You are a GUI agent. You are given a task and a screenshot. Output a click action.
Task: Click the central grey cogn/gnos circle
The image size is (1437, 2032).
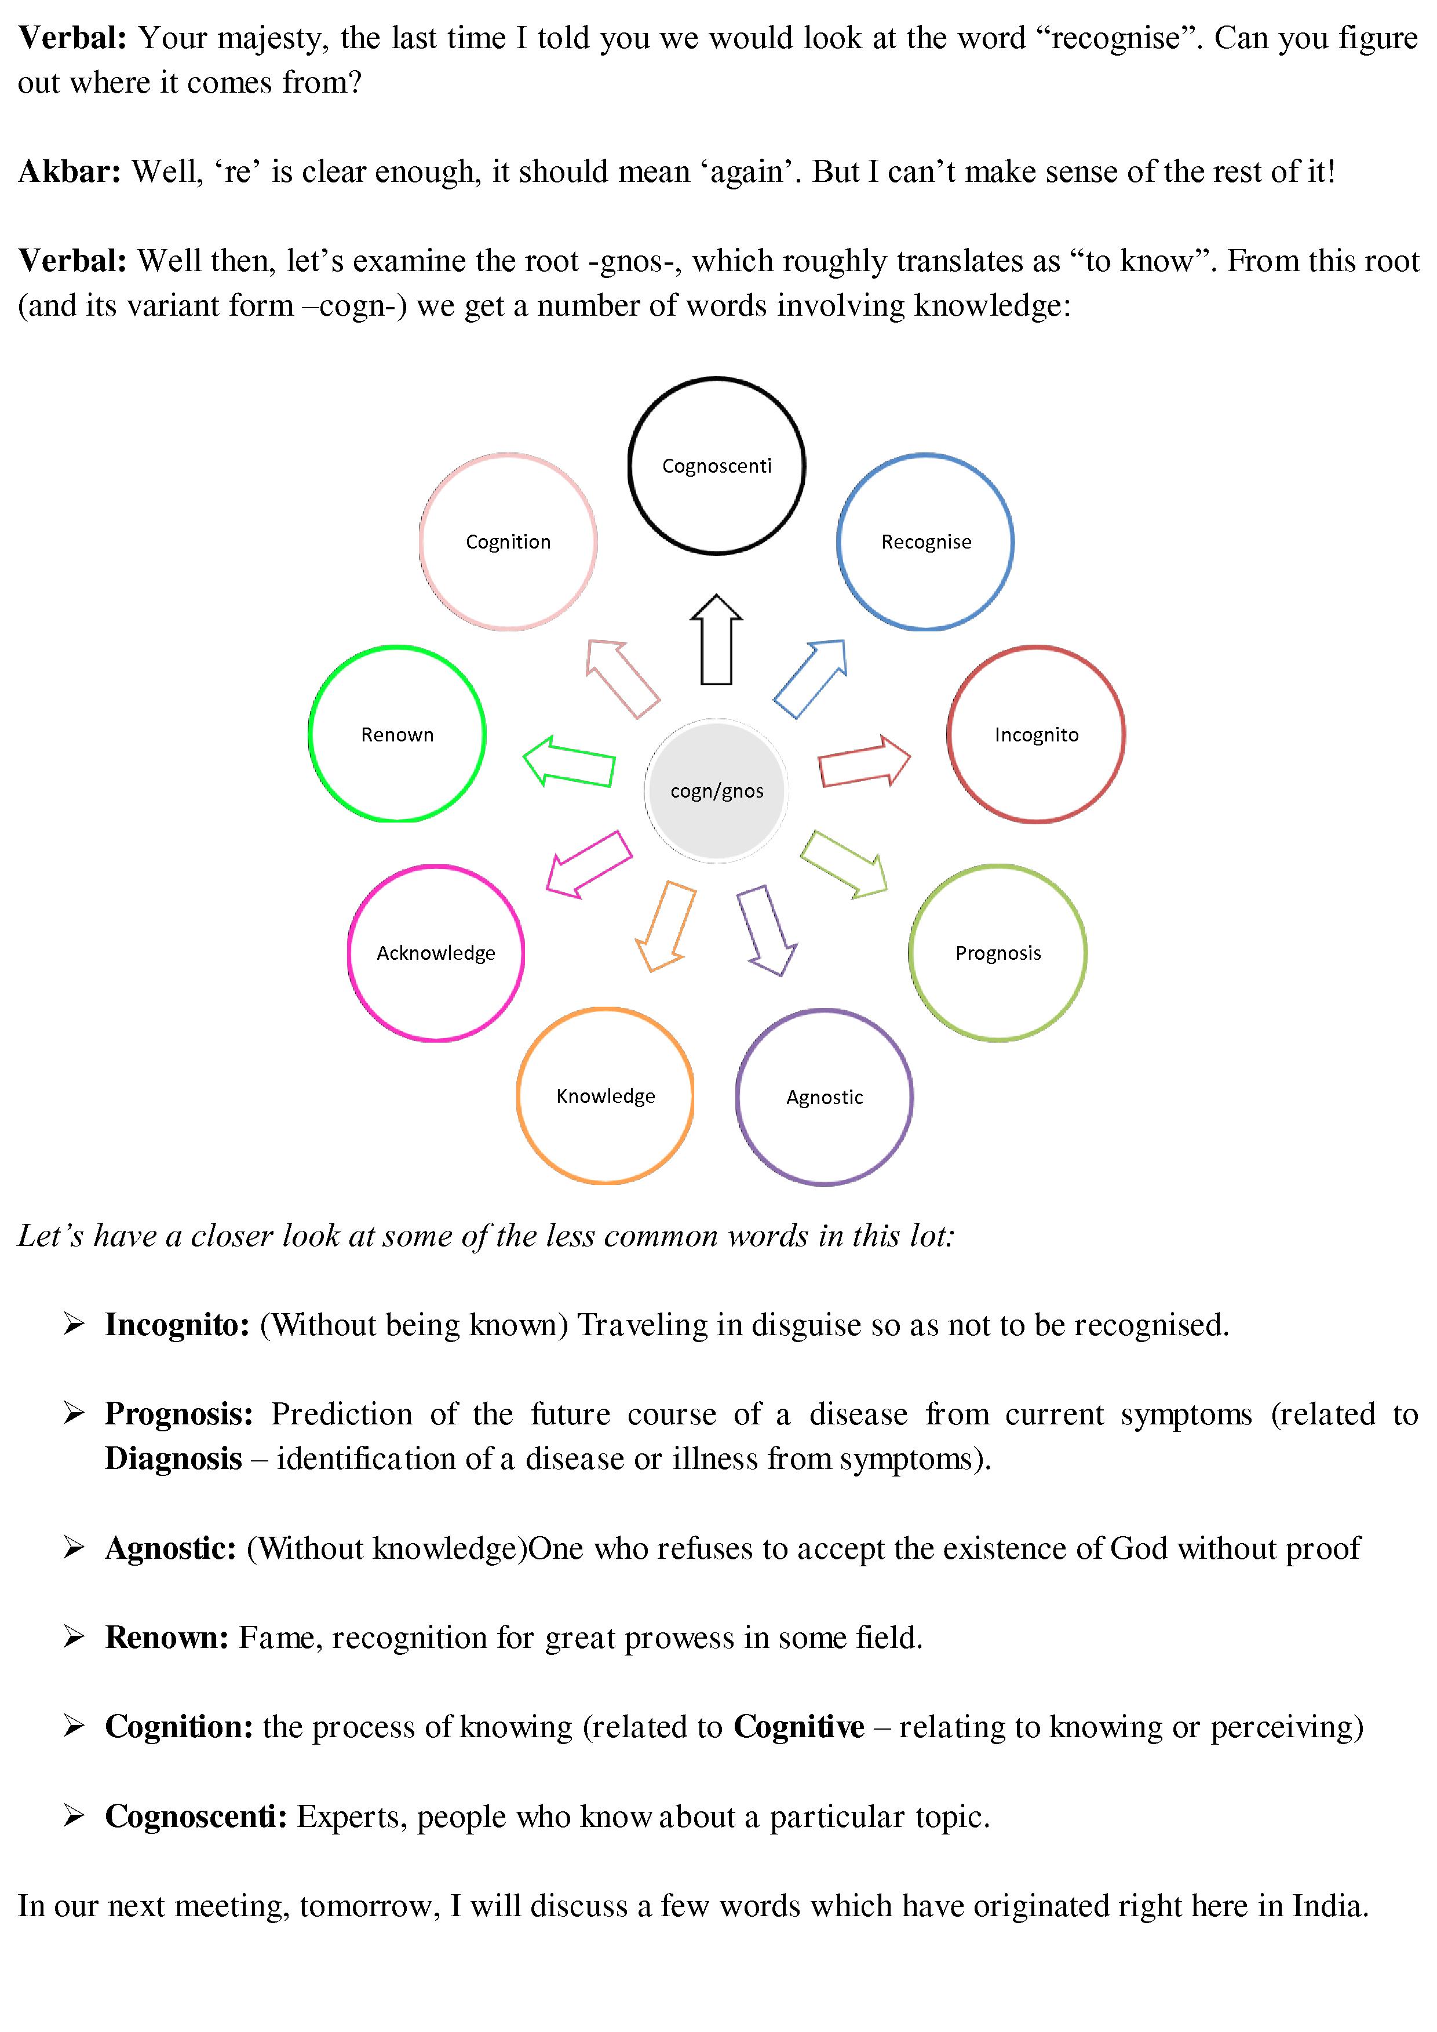(716, 790)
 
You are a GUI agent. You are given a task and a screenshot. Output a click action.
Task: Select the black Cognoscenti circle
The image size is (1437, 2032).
(716, 466)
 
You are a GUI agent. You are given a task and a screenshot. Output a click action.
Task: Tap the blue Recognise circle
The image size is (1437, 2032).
(925, 542)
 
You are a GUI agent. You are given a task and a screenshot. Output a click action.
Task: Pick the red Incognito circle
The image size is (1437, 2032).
(1036, 734)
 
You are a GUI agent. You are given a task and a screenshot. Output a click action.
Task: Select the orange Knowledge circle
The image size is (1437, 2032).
(606, 1096)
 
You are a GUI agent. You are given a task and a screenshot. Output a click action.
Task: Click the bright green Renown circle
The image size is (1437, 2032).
(397, 734)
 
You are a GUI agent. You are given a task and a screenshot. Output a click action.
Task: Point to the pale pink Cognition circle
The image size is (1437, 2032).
(508, 542)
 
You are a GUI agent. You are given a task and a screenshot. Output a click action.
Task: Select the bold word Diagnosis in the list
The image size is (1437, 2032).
(173, 1459)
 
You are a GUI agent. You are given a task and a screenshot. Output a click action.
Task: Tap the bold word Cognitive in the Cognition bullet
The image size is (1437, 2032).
(798, 1727)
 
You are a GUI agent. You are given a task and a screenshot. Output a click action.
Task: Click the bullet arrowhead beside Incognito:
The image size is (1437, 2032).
(74, 1324)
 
